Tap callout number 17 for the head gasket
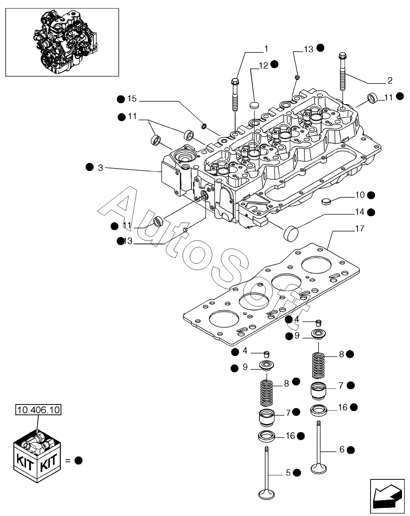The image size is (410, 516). [x=360, y=229]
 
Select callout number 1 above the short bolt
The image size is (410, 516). [x=266, y=49]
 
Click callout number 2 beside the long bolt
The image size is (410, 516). [x=390, y=81]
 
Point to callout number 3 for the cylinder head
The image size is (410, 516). [x=100, y=168]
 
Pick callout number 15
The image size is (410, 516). [x=132, y=98]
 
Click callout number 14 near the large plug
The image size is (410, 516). [x=360, y=212]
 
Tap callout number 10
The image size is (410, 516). [x=360, y=195]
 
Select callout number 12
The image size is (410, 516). [x=264, y=66]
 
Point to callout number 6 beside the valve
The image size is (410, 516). [x=342, y=449]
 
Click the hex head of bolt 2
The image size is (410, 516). [x=342, y=56]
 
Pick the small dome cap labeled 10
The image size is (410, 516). [x=326, y=201]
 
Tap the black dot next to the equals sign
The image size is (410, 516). [x=79, y=461]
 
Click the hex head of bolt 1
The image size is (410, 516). [x=235, y=81]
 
